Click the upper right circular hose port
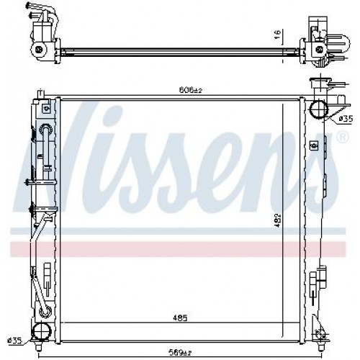318,109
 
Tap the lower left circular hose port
45,331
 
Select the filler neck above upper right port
318,85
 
